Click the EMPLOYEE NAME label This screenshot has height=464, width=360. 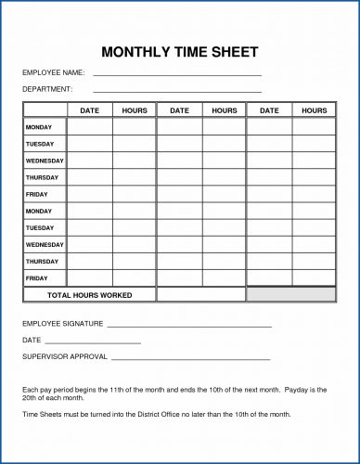(54, 72)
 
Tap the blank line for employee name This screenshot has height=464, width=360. (177, 74)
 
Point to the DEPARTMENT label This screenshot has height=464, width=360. (47, 89)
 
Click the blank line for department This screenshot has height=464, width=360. (177, 91)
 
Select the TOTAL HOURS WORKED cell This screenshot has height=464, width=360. (89, 295)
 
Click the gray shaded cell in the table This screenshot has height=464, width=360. (290, 295)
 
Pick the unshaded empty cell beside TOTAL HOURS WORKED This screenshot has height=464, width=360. (200, 295)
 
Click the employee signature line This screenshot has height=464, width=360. (189, 328)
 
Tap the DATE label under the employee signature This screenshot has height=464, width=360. (32, 341)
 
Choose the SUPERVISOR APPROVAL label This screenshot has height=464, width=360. (65, 356)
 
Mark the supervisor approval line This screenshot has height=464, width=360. (189, 358)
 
